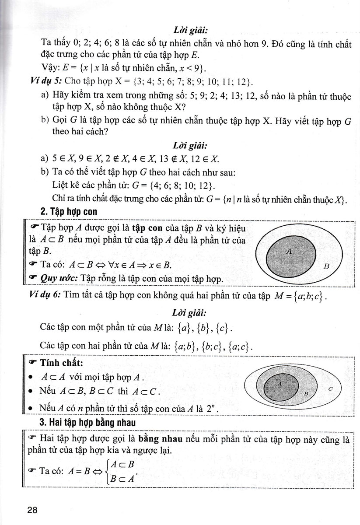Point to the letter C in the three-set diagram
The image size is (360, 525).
(x=330, y=388)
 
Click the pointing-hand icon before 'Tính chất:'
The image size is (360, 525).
(x=34, y=363)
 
